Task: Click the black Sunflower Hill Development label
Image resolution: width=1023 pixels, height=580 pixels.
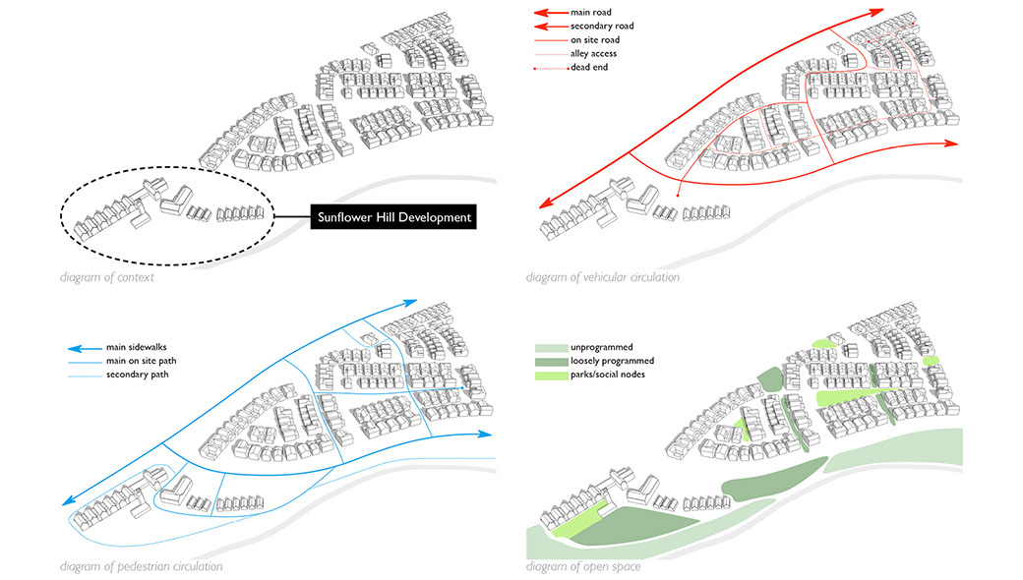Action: pos(392,217)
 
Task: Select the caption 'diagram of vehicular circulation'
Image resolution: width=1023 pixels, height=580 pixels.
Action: pos(602,277)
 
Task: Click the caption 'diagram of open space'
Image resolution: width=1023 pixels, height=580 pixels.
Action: pos(583,566)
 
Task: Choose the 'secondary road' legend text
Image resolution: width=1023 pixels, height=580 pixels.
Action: pos(601,26)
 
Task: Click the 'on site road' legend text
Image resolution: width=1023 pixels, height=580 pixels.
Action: pos(596,39)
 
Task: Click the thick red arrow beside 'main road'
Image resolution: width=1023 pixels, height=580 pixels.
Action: pos(548,13)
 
